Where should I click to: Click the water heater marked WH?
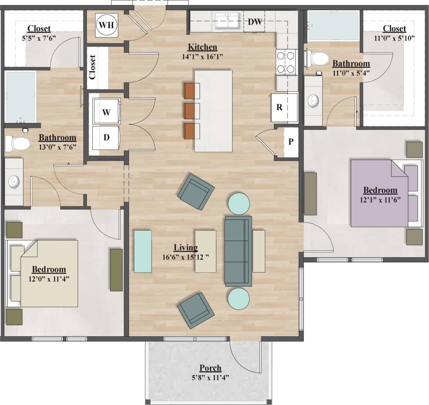[106, 25]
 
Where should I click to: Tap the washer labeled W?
[106, 112]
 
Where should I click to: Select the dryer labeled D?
[106, 137]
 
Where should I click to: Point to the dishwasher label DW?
[254, 22]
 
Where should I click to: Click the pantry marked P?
[291, 142]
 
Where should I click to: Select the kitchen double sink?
[228, 22]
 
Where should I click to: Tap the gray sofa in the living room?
[238, 251]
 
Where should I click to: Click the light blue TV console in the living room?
[143, 251]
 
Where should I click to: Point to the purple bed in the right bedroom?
[379, 193]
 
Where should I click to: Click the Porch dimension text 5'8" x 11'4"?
[210, 378]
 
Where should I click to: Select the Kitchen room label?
[202, 47]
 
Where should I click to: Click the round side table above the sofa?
[239, 203]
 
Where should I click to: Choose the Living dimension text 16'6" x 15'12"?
[186, 257]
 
